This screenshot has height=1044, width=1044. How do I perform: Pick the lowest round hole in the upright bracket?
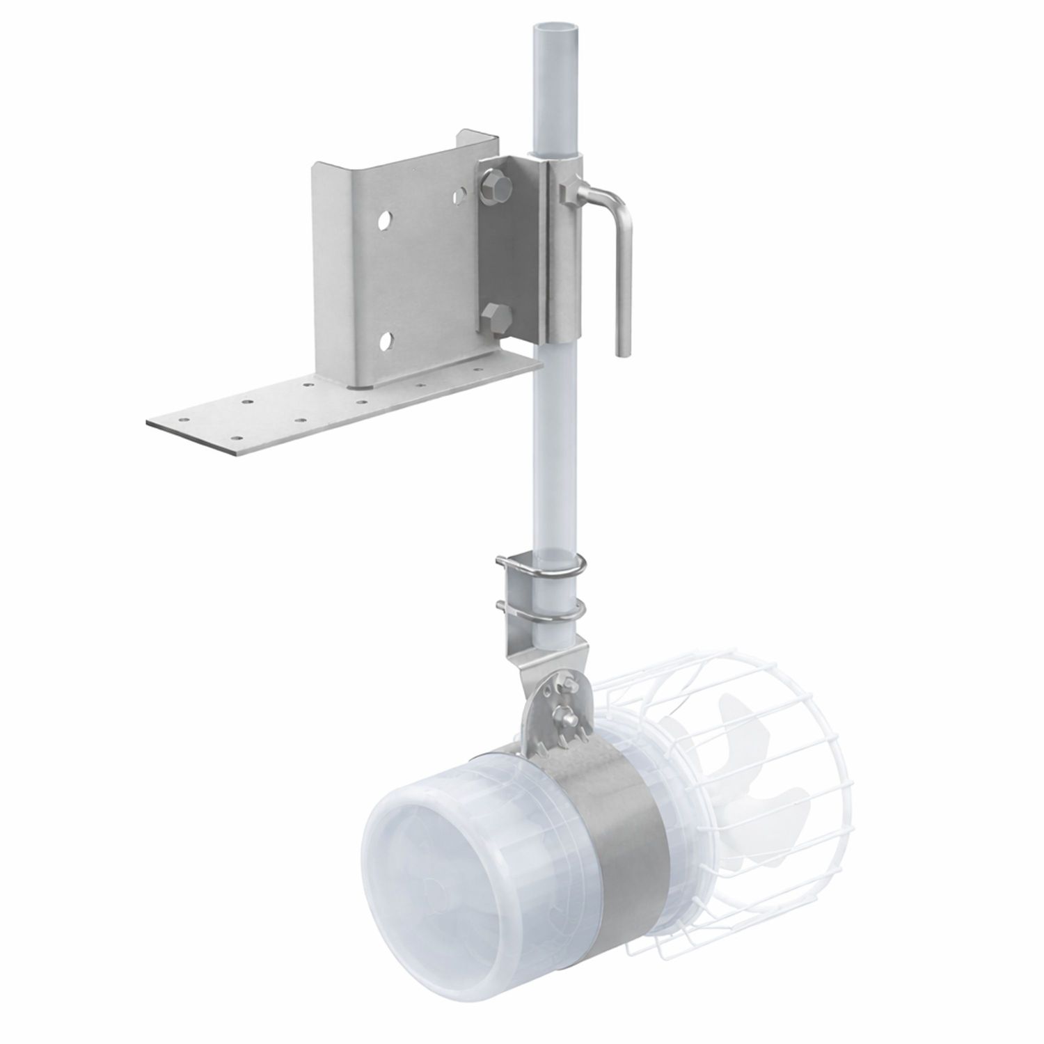coord(384,341)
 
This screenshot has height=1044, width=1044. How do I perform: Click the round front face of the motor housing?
coord(432,884)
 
